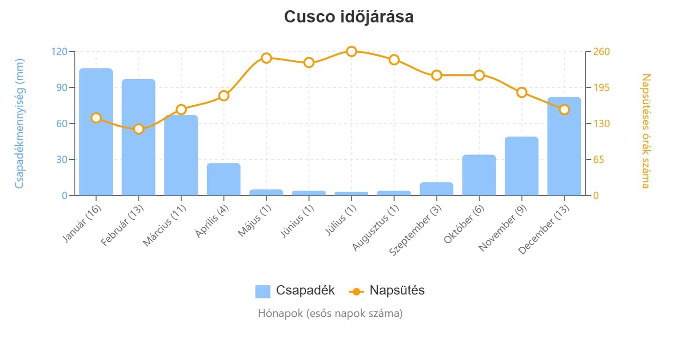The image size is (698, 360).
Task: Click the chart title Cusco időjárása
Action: click(349, 17)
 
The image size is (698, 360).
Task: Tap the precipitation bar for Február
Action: click(138, 137)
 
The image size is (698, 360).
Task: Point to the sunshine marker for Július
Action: click(351, 51)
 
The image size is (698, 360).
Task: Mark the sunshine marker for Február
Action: click(138, 129)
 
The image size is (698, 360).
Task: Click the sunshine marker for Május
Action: click(266, 58)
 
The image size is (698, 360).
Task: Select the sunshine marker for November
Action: click(522, 93)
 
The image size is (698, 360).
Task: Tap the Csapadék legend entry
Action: click(295, 291)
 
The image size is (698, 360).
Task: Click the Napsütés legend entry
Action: click(387, 291)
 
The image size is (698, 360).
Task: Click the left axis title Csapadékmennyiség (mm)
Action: click(19, 123)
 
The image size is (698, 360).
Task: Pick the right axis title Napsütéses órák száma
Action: click(646, 130)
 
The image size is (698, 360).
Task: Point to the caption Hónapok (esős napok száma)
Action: click(330, 313)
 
